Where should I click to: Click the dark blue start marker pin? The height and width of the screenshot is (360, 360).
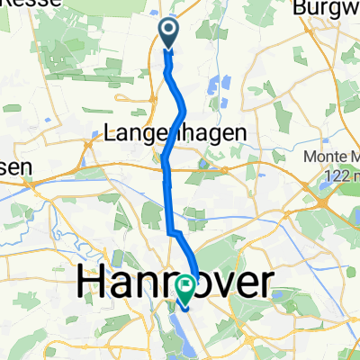(x=170, y=33)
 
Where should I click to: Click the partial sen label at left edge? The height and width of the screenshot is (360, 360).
(x=15, y=166)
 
